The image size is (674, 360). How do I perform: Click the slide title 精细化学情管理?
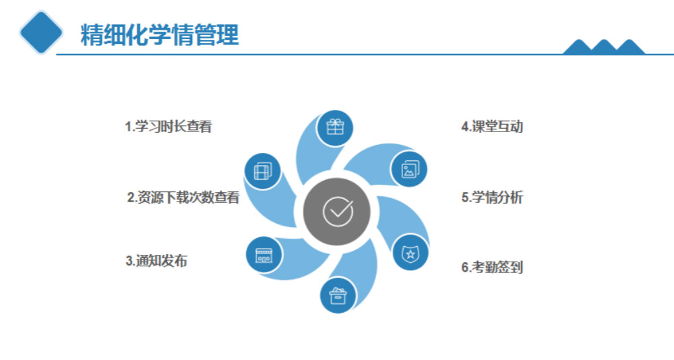tap(160, 35)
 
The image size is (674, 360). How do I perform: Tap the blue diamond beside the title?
tap(41, 32)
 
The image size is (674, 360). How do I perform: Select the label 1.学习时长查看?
tap(168, 127)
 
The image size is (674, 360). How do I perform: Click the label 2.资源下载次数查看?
tap(183, 198)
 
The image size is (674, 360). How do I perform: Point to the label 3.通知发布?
tap(156, 261)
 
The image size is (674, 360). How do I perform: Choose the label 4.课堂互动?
tap(492, 127)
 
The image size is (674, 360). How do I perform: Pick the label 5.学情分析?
tap(492, 198)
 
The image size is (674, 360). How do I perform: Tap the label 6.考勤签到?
tap(492, 267)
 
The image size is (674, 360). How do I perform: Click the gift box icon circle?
tap(335, 127)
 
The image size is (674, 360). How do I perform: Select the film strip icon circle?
tap(263, 171)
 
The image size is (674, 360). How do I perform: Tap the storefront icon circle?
tap(264, 255)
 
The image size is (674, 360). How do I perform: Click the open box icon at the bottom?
tap(338, 295)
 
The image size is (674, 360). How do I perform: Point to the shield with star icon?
tap(410, 253)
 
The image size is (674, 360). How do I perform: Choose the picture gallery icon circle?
tap(410, 169)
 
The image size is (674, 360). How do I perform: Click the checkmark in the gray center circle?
tap(339, 211)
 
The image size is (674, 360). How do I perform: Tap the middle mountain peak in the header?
tap(604, 47)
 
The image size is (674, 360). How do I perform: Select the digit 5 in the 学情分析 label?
tap(464, 198)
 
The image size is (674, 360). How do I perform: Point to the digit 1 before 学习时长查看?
tap(127, 127)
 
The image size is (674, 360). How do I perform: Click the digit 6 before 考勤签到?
tap(464, 268)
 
